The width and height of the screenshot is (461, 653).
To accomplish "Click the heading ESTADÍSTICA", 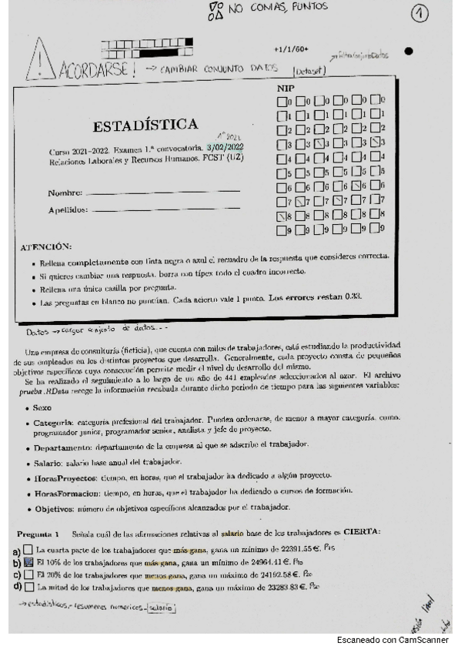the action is coord(145,125).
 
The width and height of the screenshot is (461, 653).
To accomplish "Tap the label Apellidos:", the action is coord(67,209).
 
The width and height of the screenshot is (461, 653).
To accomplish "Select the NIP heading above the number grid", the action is coord(285,89).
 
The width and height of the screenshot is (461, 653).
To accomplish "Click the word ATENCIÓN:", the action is coord(46,246).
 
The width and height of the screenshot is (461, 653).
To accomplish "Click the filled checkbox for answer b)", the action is coord(28,562).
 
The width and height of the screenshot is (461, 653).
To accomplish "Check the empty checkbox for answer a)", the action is coord(28,550).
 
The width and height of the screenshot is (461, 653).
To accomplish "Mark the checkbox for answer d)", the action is coord(28,587).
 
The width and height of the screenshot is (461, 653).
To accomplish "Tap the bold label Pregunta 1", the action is coord(38,534).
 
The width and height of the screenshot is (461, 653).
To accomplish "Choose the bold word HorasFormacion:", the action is coord(71,491).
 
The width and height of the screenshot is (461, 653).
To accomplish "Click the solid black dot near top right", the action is coord(409,52).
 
